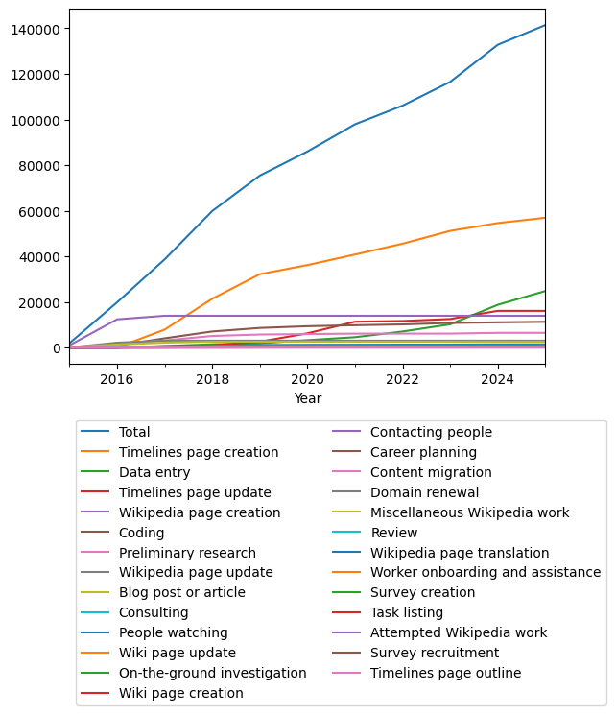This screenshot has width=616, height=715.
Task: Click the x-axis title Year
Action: click(x=308, y=398)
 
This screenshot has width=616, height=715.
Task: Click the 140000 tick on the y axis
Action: click(x=36, y=29)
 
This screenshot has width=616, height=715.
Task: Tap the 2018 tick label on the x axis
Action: click(x=212, y=379)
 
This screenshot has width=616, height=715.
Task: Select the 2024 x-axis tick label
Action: click(x=497, y=379)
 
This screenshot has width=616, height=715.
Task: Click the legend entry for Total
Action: click(x=134, y=433)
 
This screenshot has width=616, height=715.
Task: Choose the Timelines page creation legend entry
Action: click(x=199, y=453)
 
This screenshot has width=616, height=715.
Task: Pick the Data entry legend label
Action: click(x=154, y=473)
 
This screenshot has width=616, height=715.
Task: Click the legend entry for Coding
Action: click(x=141, y=533)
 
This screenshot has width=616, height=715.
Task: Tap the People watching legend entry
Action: click(x=173, y=633)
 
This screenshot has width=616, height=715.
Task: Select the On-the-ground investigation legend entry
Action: click(x=212, y=674)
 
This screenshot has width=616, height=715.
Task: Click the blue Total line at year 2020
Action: click(x=307, y=152)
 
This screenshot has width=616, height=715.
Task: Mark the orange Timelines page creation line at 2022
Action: click(x=402, y=244)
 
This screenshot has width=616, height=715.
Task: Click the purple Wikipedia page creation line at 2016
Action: click(x=117, y=320)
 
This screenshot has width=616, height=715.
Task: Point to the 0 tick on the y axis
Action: click(x=57, y=348)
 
